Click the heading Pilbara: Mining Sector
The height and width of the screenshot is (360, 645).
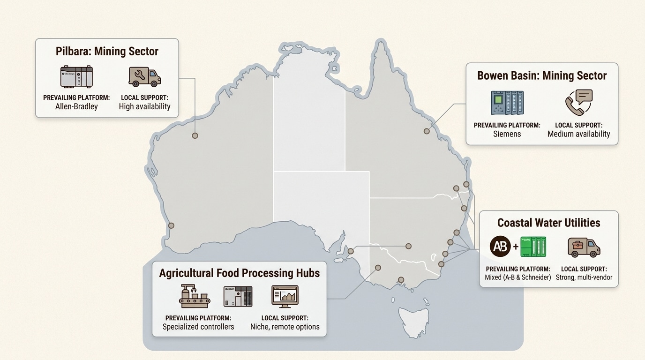[107, 51]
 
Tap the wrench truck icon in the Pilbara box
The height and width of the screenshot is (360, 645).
[145, 76]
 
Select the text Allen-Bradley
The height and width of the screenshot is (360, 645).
[76, 106]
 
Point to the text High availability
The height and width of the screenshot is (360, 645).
[144, 106]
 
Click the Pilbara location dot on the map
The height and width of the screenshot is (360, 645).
[195, 135]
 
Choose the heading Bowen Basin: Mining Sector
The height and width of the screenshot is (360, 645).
[542, 75]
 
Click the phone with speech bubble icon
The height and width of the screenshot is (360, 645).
[579, 103]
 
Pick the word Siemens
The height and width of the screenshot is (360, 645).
[507, 134]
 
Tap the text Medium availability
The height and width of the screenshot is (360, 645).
[579, 134]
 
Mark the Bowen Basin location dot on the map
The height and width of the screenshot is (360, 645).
[427, 131]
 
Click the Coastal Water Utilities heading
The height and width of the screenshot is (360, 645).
[548, 222]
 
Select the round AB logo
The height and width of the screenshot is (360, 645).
[500, 246]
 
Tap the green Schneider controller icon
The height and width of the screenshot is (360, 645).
[533, 246]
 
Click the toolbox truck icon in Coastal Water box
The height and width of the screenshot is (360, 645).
[584, 247]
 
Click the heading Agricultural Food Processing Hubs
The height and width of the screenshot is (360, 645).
[239, 273]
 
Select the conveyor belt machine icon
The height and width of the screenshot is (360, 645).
[195, 296]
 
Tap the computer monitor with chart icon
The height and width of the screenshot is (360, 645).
[285, 296]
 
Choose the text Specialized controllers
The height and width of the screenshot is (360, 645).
[198, 326]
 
